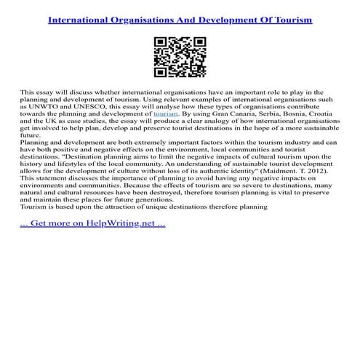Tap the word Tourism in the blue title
(x=289, y=20)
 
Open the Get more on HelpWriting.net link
(x=92, y=223)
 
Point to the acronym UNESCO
(x=90, y=107)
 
